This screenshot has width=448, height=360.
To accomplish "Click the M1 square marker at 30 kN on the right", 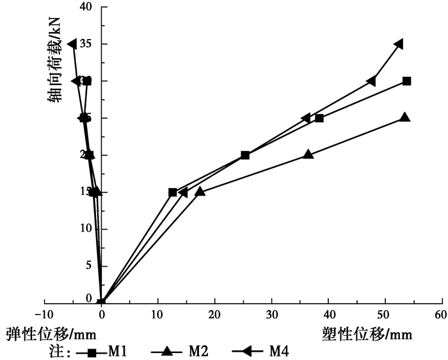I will coord(406,81).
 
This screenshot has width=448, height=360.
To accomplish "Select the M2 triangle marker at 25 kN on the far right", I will coord(404,118).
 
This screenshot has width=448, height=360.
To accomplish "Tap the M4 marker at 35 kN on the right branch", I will coord(399,44).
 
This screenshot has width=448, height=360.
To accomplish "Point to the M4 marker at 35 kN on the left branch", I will coord(72,44).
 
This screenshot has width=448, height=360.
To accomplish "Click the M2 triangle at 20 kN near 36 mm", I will coord(308,154).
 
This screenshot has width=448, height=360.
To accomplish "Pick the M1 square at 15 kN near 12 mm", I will coord(173,192).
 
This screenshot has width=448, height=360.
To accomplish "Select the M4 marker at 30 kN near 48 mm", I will coord(371,81).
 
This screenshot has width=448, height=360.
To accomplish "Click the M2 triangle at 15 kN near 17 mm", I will coord(200,191).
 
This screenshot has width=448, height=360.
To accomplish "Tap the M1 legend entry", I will coord(105,351).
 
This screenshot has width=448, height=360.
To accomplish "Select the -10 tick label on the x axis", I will coord(44,315).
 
